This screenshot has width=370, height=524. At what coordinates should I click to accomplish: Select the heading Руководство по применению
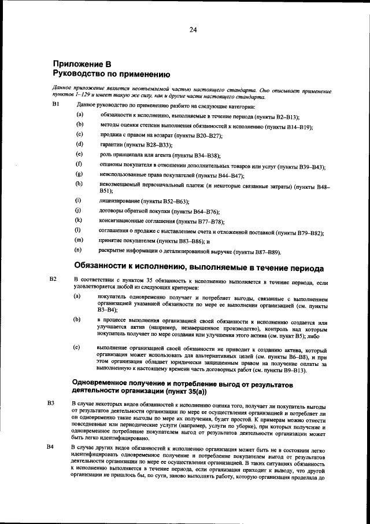[x=111, y=74]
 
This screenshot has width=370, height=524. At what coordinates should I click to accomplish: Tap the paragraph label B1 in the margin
[x=56, y=105]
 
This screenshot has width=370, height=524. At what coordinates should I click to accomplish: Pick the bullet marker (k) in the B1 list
[x=78, y=221]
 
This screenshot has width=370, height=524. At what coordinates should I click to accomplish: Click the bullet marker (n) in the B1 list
[x=78, y=251]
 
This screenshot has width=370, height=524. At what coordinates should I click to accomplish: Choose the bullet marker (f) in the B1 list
[x=78, y=165]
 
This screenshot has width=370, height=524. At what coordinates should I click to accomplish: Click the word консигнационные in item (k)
[x=124, y=221]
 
